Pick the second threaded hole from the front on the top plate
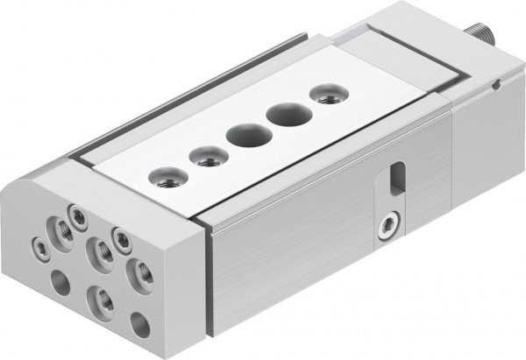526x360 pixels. click(205, 157)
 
